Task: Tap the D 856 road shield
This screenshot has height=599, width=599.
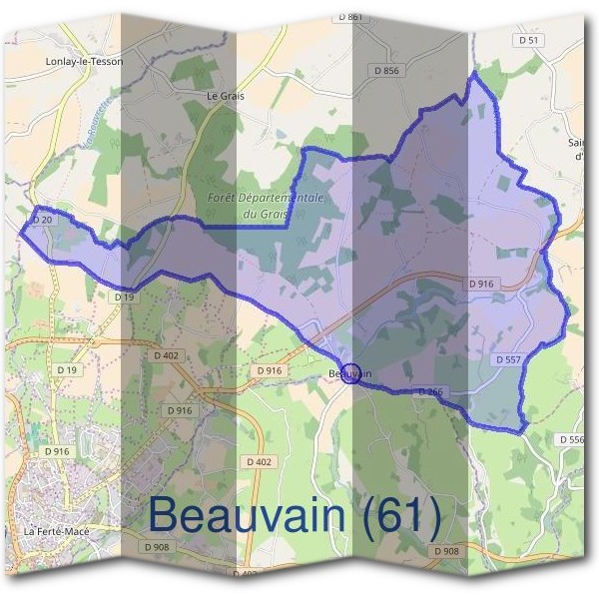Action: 385,71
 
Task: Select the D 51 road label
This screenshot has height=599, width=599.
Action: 529,40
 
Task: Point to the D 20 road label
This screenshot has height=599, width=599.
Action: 42,219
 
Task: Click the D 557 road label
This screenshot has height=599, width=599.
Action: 508,357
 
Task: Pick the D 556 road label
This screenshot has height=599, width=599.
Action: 572,439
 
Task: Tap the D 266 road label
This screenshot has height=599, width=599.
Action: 431,391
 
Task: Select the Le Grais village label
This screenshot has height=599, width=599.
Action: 225,97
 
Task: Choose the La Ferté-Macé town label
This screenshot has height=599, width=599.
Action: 57,531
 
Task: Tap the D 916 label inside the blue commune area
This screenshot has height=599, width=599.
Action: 481,285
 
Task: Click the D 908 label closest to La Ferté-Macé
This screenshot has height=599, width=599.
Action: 155,547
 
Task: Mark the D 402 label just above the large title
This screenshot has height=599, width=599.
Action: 258,461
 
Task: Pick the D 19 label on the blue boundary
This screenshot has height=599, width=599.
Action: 124,297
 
